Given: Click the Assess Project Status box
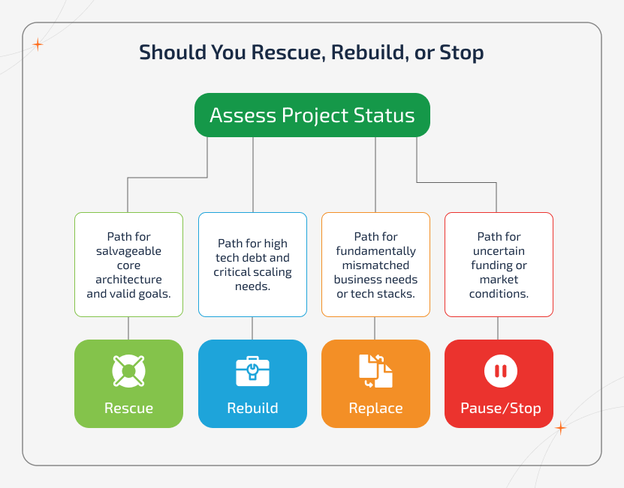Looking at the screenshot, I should [312, 115].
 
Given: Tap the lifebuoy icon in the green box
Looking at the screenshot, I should [128, 370].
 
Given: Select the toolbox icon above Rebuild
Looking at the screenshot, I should [252, 370].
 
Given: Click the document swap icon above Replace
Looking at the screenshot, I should [375, 370].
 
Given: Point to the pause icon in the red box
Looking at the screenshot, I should [499, 370].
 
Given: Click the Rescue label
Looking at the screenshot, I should [128, 409].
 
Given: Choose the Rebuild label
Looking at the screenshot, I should [252, 409].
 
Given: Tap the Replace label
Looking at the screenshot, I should [375, 409].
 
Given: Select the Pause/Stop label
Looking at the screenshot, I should [499, 409].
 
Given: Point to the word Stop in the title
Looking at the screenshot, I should [460, 53].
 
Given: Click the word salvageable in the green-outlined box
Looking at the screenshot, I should [128, 251].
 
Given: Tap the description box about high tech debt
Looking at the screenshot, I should [252, 264].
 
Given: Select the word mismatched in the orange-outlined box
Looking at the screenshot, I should [375, 265].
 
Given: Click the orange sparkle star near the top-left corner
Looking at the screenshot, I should [38, 44].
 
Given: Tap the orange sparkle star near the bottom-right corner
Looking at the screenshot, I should [559, 428].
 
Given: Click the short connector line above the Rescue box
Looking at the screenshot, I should [128, 328].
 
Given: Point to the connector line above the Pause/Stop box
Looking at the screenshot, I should [499, 328].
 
